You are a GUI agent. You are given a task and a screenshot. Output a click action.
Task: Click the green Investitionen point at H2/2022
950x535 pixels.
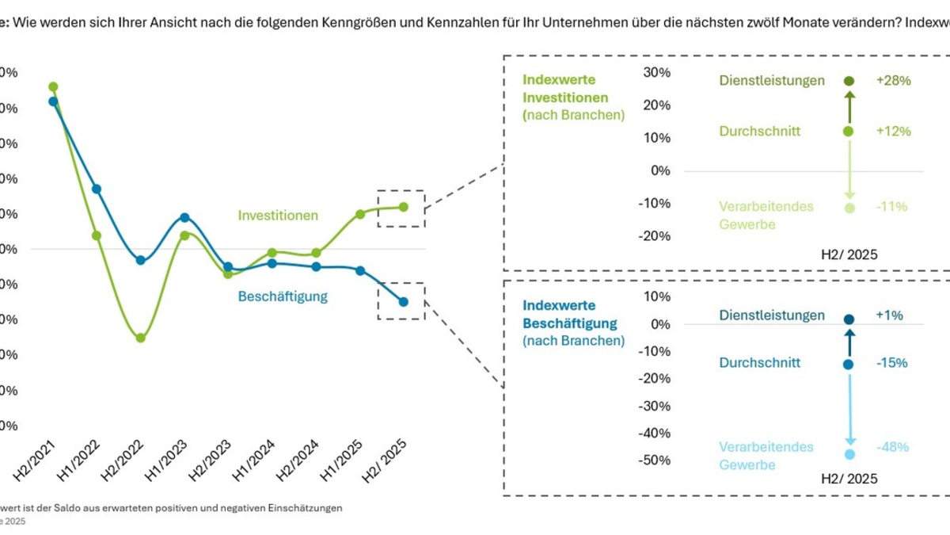tap(140, 338)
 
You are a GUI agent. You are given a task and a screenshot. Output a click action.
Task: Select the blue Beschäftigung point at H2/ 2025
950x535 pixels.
tap(404, 301)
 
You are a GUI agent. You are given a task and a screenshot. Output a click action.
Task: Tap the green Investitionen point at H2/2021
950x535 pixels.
tap(53, 86)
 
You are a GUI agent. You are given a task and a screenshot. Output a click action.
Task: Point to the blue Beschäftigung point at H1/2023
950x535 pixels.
tap(184, 217)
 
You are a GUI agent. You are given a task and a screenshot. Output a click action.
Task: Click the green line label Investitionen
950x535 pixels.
tap(278, 216)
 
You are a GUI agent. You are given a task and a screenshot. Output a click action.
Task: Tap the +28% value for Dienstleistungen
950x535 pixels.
tap(894, 81)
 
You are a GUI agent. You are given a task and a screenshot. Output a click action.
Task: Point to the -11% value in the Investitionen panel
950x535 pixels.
tap(891, 207)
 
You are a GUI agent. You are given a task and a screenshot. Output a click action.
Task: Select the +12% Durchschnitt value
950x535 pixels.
tap(894, 132)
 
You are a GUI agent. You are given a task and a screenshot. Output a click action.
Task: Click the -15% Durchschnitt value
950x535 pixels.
tap(891, 363)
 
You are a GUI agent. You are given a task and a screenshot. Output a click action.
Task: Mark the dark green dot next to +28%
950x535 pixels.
tap(849, 81)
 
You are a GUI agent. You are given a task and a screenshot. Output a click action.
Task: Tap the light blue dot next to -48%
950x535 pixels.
tap(849, 454)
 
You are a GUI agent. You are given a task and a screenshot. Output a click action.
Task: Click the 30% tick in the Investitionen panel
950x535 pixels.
tap(657, 72)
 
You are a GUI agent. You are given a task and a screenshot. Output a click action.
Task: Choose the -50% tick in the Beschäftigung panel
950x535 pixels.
tap(655, 460)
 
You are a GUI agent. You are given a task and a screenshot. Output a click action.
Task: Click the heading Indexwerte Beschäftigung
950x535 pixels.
tap(570, 314)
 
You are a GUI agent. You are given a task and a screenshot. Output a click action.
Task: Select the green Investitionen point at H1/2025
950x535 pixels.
tap(360, 214)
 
